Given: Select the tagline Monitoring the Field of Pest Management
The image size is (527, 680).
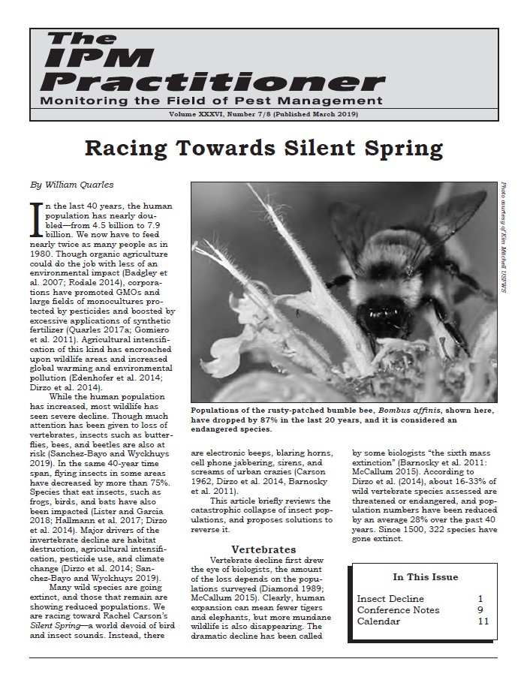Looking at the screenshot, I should tap(211, 101).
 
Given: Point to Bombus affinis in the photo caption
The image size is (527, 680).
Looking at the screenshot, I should tap(407, 411).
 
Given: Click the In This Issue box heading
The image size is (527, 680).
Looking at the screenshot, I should tap(425, 577).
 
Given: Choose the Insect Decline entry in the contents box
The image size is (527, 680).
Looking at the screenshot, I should tap(390, 599).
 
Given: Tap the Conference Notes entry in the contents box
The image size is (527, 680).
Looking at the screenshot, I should tap(399, 610).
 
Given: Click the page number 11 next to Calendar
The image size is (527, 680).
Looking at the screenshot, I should tap(483, 621).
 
